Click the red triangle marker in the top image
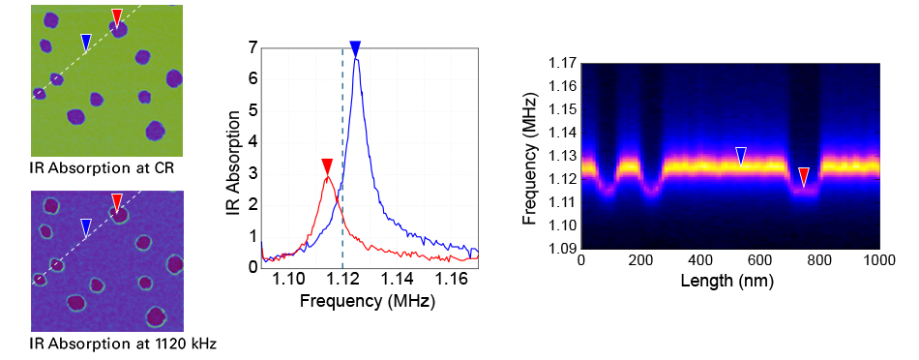117,16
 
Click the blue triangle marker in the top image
86,42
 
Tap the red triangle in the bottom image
117,201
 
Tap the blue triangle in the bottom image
86,226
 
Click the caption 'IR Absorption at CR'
94,168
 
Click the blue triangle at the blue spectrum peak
355,49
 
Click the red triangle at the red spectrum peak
327,166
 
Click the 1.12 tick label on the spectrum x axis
342,281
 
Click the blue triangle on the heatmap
741,155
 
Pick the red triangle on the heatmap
803,175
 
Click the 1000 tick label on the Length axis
879,261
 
